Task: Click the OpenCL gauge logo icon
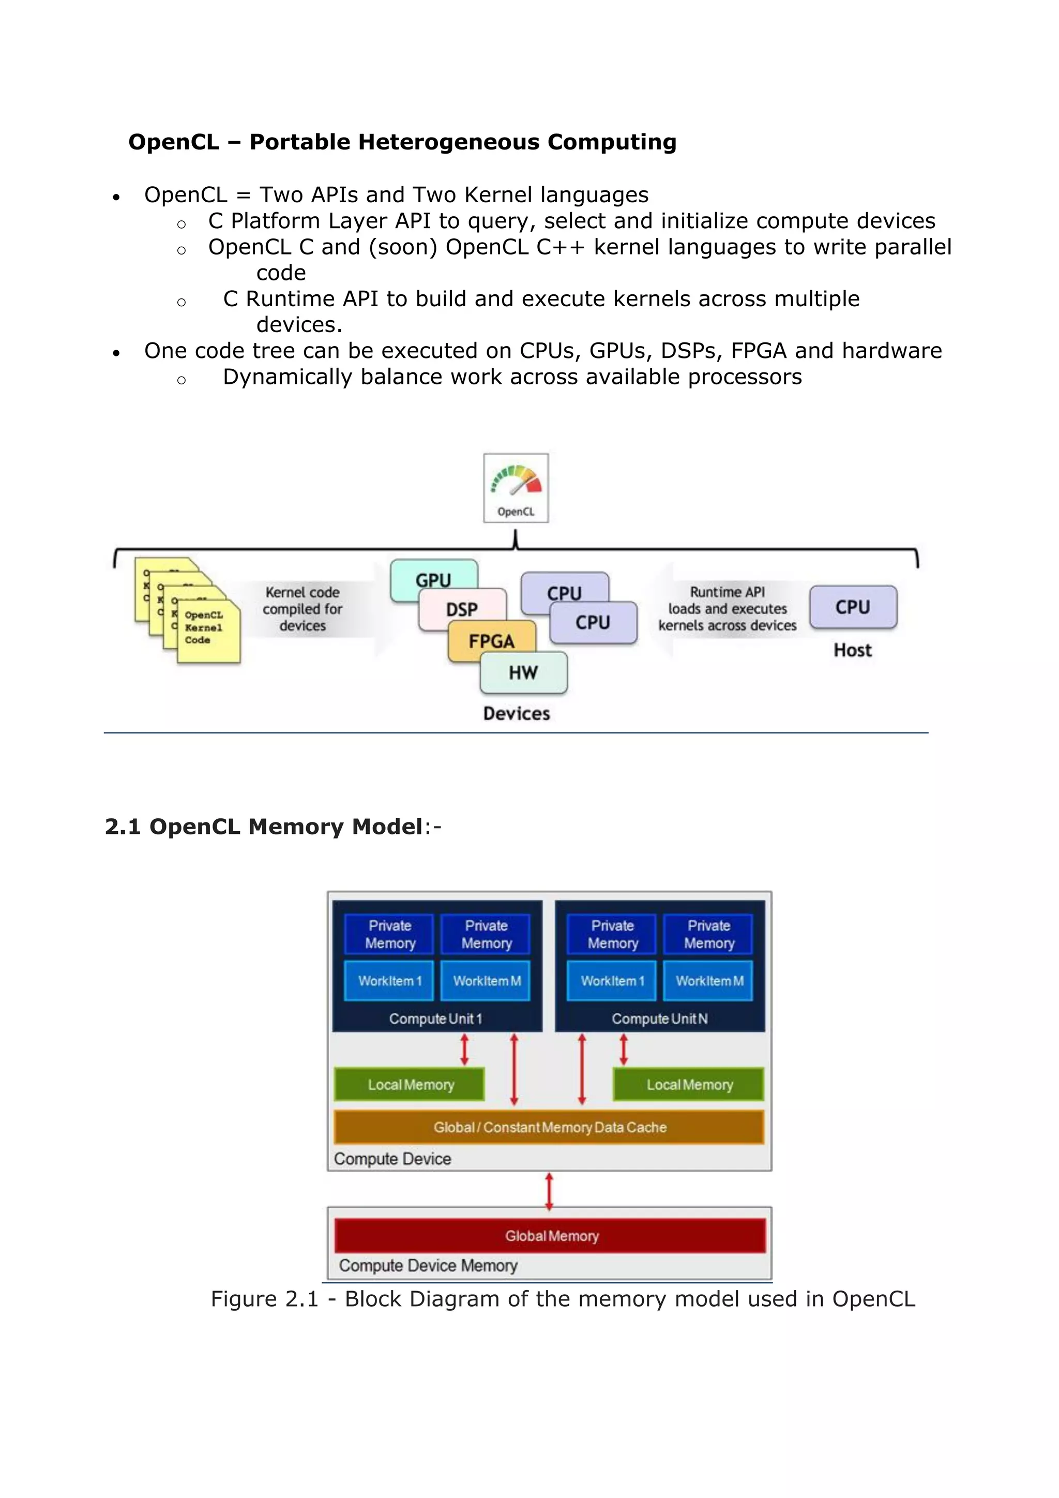click(516, 487)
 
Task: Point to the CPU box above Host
click(853, 607)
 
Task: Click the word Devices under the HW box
click(517, 714)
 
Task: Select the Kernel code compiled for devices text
click(302, 609)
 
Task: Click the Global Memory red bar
click(551, 1236)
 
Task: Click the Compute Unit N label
click(659, 1019)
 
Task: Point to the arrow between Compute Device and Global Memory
click(549, 1190)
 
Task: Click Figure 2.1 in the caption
click(264, 1299)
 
